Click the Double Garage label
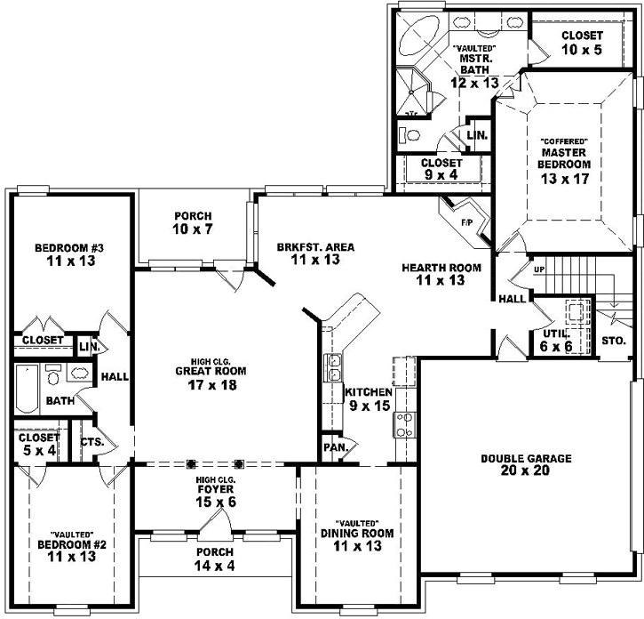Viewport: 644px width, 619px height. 526,459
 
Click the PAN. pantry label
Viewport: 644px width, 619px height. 334,446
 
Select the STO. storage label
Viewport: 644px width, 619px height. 614,341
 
